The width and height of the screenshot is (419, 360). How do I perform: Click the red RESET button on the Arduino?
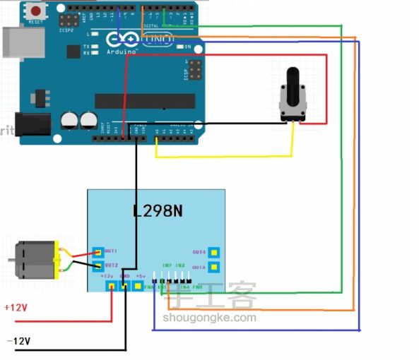pos(34,11)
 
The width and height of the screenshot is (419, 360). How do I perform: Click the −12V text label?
pos(18,341)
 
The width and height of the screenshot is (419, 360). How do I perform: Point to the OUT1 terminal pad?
pos(98,251)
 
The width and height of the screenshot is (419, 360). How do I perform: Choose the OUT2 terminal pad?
pos(98,265)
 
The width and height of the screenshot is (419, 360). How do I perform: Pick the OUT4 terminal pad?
pos(213,252)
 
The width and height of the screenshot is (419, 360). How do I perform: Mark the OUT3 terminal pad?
pos(213,268)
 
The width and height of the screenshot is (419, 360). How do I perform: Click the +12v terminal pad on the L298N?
pos(111,286)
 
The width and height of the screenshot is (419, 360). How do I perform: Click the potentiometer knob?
pos(292,79)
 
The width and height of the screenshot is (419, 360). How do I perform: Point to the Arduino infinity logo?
pos(119,40)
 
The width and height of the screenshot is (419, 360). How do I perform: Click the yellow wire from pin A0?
pos(226,156)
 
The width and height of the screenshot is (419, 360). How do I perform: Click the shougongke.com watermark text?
pos(209,318)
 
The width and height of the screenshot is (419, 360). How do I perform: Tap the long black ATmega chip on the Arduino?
pos(145,100)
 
